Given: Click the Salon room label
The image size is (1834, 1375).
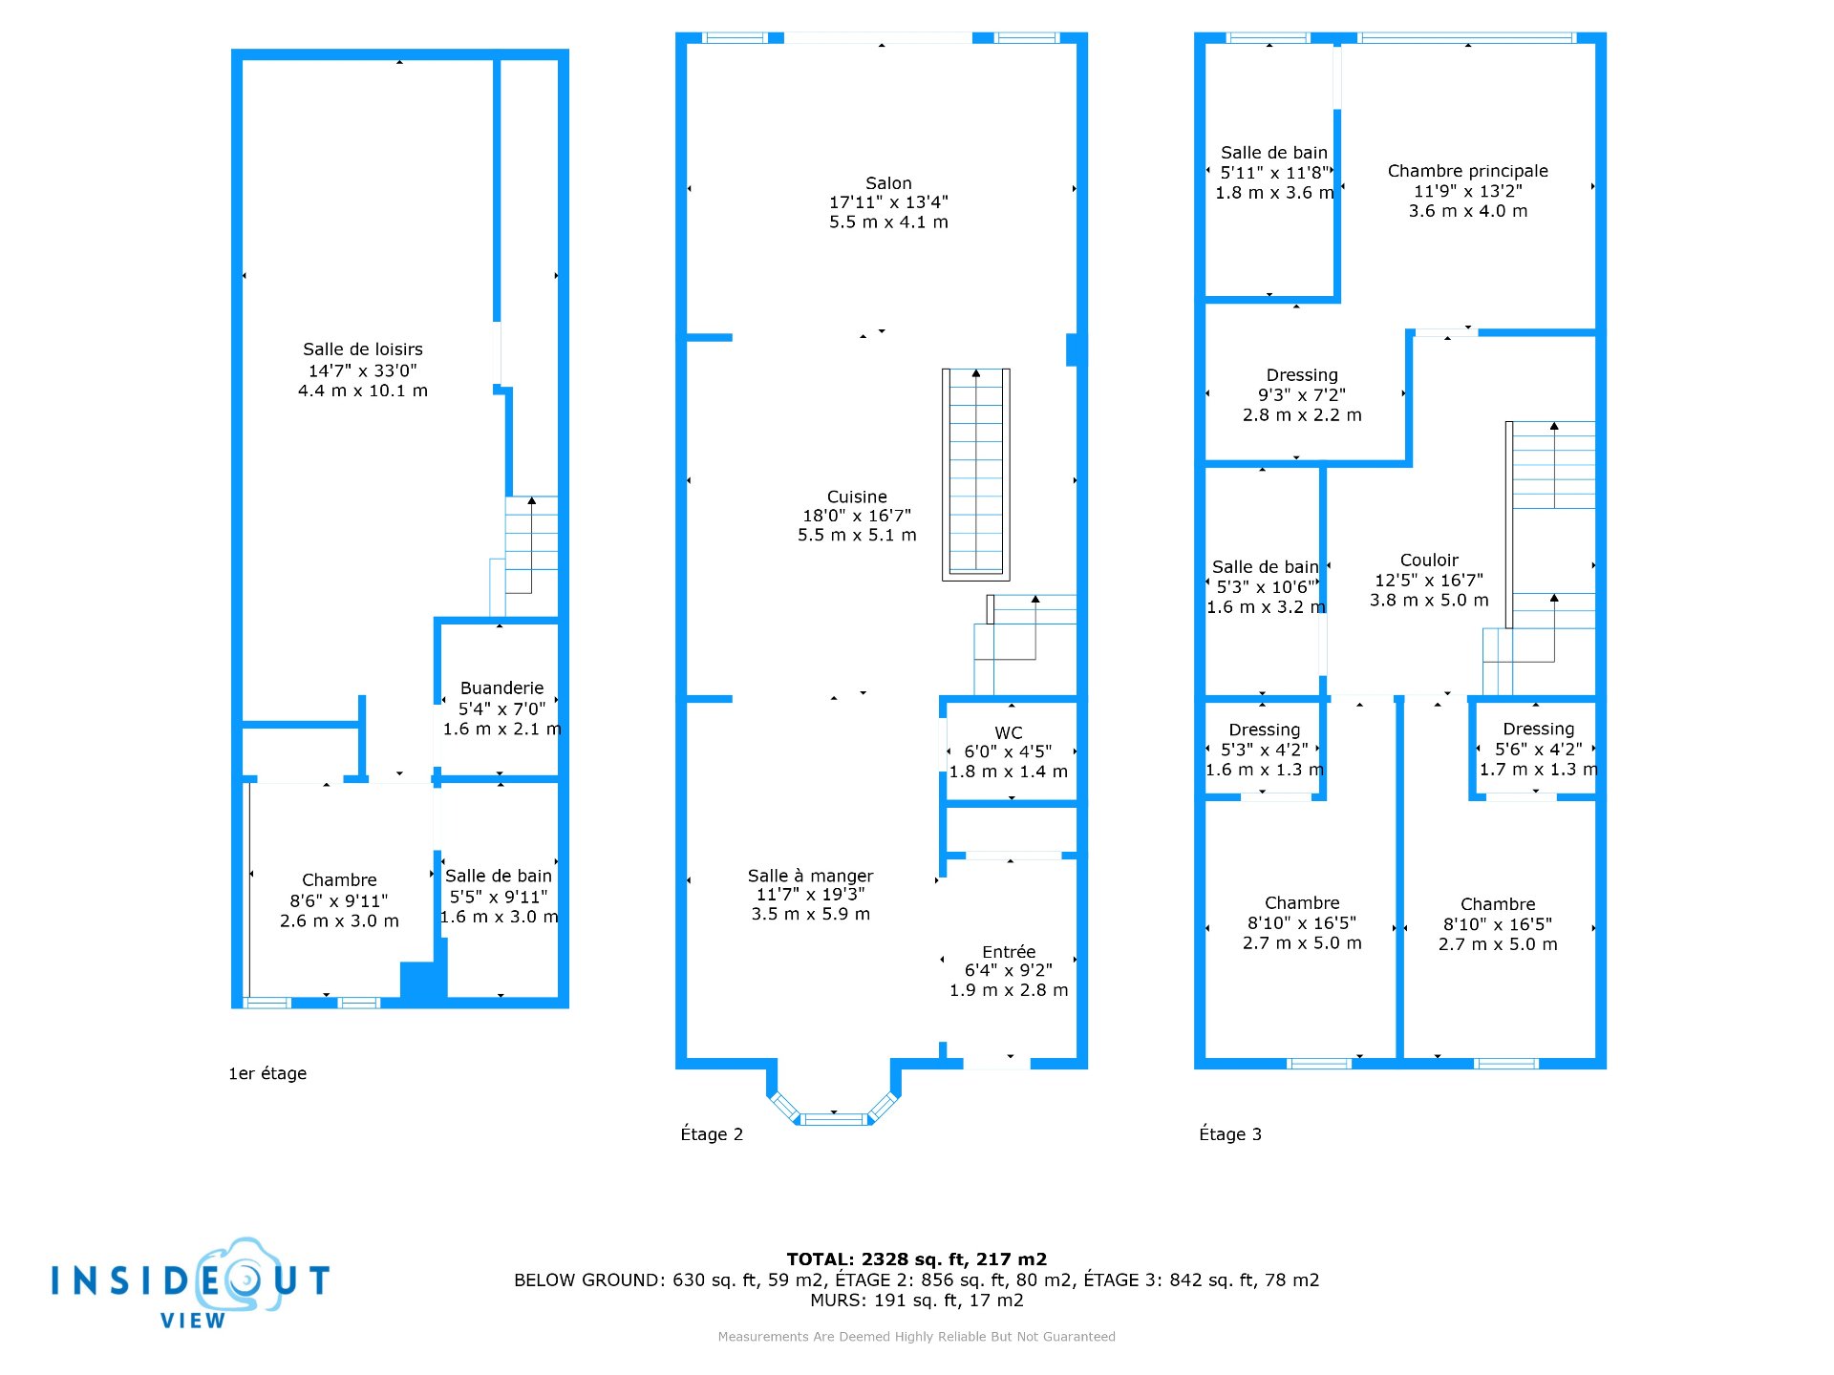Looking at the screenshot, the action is click(888, 183).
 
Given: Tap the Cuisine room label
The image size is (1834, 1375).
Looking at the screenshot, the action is click(857, 497).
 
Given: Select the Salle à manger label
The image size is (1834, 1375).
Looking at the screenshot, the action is click(810, 876).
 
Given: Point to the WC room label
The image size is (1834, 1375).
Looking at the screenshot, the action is click(1009, 732).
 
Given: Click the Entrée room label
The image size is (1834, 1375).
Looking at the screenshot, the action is click(1009, 951).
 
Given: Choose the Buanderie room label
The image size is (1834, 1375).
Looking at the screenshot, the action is click(501, 687).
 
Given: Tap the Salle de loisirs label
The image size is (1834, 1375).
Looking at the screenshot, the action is click(363, 349).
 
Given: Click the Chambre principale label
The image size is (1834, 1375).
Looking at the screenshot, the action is click(1468, 171).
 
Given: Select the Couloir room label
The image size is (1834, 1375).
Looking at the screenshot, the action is click(1429, 560).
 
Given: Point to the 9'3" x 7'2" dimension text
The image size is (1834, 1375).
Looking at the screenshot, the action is click(1302, 394).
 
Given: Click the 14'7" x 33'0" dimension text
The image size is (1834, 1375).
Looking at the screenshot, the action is click(363, 370).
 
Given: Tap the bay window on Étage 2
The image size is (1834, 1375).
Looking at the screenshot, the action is click(834, 1108).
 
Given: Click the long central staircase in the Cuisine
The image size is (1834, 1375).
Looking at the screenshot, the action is click(976, 475).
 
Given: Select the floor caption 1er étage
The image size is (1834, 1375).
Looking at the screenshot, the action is click(267, 1073).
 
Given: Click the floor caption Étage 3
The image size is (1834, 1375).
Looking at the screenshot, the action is click(1230, 1133).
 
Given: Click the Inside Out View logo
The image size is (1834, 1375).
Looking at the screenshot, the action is click(191, 1283).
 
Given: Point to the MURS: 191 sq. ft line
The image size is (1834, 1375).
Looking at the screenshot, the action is click(917, 1301).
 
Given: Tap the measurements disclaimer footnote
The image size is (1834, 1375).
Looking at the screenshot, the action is click(917, 1337).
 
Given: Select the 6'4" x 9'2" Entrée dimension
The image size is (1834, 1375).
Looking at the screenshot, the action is click(1009, 970).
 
